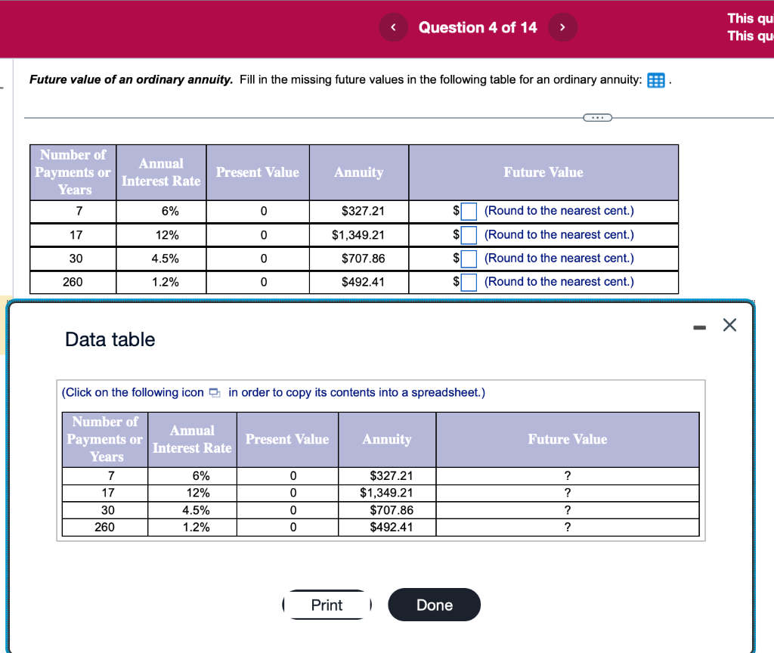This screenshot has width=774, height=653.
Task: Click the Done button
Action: tap(435, 605)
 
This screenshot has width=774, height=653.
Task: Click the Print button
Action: tap(327, 605)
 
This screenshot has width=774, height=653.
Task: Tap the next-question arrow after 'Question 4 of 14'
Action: tap(562, 27)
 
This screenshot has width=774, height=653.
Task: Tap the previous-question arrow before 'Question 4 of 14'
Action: tap(393, 27)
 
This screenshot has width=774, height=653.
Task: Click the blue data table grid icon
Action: tap(655, 80)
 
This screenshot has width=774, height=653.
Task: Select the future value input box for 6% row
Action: tap(469, 211)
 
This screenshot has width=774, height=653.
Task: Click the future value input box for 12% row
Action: tap(469, 234)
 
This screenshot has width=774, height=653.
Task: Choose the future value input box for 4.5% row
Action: tap(469, 258)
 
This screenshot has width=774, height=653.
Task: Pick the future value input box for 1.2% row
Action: tap(469, 282)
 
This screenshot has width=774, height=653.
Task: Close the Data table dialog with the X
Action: tap(729, 326)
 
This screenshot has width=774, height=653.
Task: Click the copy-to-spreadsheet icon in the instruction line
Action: tap(215, 392)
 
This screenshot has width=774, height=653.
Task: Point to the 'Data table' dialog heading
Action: tap(110, 339)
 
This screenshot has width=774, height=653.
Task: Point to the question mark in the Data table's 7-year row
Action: tap(568, 475)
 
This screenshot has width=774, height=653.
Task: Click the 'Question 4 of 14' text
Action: tap(478, 27)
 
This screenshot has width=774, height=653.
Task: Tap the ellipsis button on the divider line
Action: tap(597, 117)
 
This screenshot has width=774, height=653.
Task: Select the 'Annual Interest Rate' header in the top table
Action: tap(161, 172)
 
